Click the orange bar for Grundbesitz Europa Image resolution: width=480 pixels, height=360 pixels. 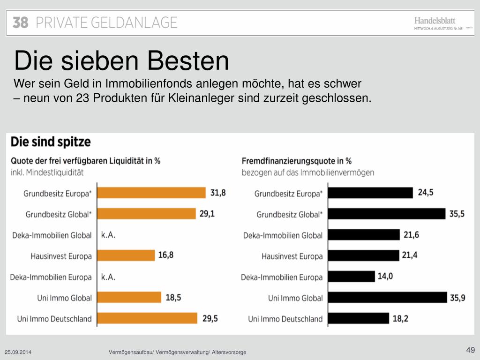coord(151,193)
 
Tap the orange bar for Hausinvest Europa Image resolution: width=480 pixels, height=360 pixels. coord(126,255)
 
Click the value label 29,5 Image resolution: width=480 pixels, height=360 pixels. coord(210,318)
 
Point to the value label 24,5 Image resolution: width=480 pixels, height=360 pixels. coord(426,193)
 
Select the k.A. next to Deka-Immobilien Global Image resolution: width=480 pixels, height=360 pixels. coord(108,235)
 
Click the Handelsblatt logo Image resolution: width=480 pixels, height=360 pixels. coord(435,21)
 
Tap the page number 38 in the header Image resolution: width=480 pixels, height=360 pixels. coord(21,22)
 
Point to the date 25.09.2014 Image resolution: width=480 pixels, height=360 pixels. coord(19,352)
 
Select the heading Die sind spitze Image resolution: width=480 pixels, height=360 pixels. coord(51,142)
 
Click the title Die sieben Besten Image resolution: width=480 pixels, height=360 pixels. coord(121,61)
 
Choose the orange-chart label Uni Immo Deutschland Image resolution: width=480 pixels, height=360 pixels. coord(54,319)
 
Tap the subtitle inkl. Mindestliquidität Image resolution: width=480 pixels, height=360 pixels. coord(47,172)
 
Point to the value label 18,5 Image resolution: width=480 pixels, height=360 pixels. coord(173,297)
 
